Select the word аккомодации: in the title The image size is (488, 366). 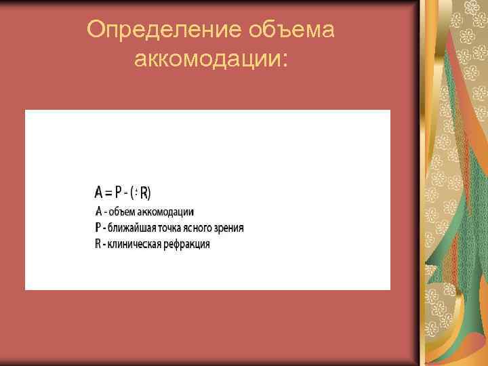[x=211, y=60]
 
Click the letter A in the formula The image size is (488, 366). [x=99, y=193]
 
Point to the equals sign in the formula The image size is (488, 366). [x=110, y=193]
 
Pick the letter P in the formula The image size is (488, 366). [x=119, y=193]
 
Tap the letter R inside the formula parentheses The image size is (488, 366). [x=144, y=193]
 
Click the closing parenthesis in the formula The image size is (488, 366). [x=150, y=193]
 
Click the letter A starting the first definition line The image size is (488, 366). [x=98, y=212]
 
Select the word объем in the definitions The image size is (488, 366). [x=123, y=212]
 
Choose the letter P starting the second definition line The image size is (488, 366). [x=98, y=228]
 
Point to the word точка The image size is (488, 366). [x=167, y=228]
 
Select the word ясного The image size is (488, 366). [x=199, y=228]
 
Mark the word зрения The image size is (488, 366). [x=230, y=228]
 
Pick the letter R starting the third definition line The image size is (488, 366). [x=98, y=244]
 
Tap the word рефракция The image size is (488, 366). [x=186, y=244]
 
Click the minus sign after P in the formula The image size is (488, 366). [x=128, y=193]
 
